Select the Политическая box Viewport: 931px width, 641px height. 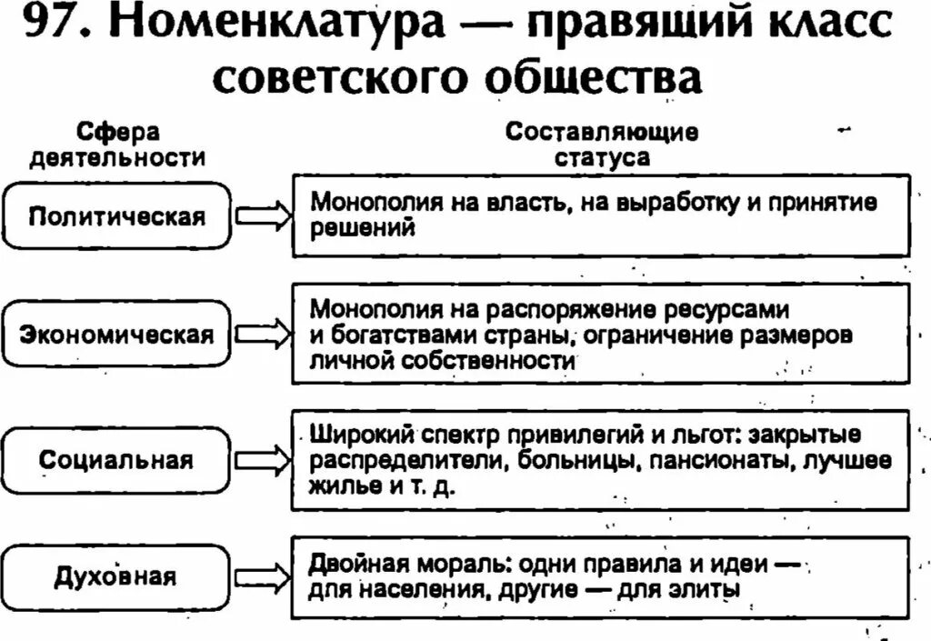coord(117,215)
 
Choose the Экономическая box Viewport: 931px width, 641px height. coord(117,335)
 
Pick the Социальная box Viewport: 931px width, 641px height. coord(117,460)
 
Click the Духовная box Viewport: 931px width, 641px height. coord(117,577)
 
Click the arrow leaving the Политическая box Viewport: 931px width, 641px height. coord(263,216)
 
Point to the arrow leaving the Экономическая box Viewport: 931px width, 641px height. coord(263,336)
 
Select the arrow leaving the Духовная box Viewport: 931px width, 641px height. coord(263,577)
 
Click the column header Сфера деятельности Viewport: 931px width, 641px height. coord(117,145)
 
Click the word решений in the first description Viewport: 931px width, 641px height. coord(363,229)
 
